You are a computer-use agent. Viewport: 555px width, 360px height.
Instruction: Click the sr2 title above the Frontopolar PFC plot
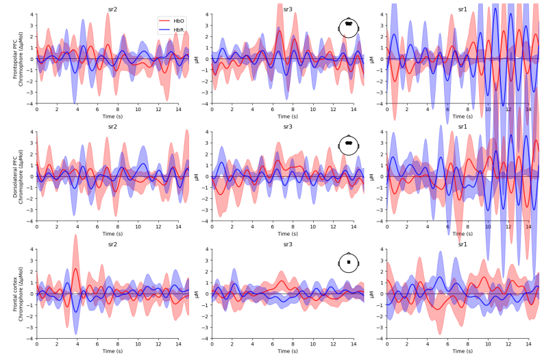click(112, 9)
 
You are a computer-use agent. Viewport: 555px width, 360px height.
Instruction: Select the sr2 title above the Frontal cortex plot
click(112, 244)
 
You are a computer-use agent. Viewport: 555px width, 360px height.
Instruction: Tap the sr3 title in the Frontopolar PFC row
click(288, 9)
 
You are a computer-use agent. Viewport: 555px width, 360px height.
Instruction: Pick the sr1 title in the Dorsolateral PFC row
click(463, 127)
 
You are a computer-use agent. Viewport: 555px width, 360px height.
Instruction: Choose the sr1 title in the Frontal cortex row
click(463, 244)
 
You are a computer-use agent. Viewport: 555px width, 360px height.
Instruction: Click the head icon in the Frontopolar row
click(349, 27)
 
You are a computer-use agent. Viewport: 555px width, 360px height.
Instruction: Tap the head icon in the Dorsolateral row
click(349, 145)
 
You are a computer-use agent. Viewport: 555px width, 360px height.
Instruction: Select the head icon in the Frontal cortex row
click(349, 263)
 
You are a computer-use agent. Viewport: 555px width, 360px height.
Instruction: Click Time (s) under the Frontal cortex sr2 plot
click(112, 352)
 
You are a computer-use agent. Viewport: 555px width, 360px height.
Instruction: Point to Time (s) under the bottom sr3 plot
click(288, 352)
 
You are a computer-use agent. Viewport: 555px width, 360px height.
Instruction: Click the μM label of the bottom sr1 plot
click(372, 294)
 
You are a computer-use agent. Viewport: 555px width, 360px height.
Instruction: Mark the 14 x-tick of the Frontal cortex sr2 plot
click(179, 344)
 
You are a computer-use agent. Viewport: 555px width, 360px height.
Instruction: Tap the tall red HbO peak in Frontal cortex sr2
click(75, 269)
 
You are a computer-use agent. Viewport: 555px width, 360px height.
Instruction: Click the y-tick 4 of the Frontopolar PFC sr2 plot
click(32, 14)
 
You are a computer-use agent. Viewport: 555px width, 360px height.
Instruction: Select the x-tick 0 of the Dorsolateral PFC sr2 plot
click(37, 226)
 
